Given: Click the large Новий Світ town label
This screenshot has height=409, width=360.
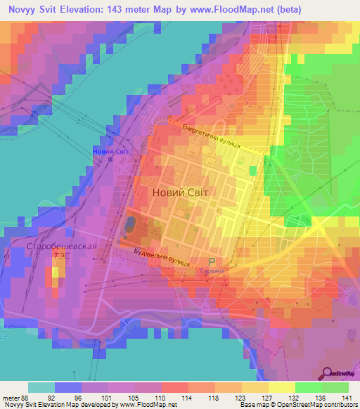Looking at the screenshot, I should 180,191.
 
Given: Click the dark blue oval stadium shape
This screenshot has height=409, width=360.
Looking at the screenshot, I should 131,225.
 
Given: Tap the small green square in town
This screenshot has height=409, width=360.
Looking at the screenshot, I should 252,171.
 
